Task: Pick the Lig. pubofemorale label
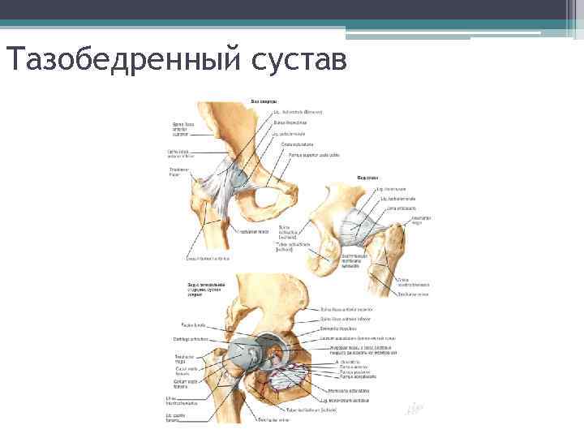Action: coord(289,134)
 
